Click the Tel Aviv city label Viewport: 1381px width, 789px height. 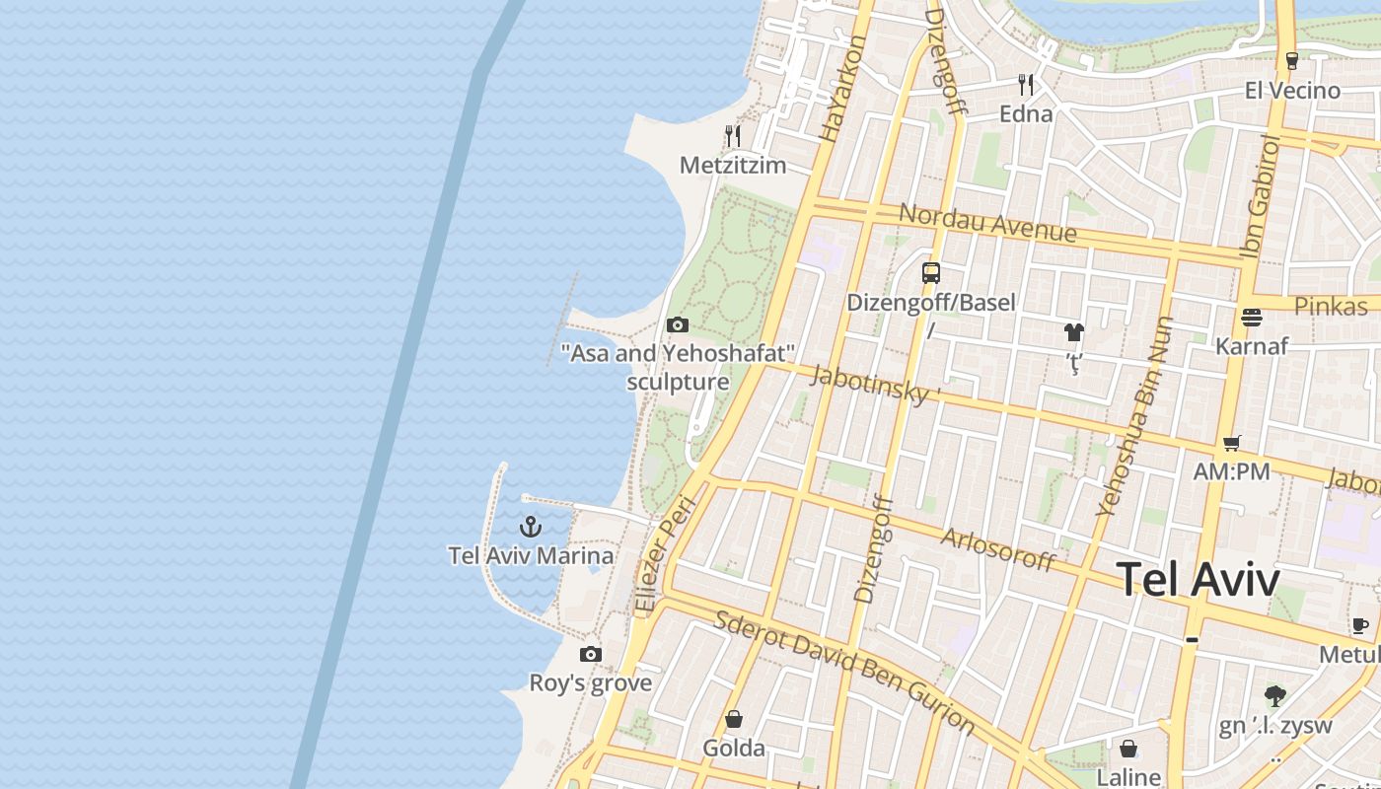[1199, 580]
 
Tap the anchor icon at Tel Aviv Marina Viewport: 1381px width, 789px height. [531, 527]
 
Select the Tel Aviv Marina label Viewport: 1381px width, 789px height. [531, 556]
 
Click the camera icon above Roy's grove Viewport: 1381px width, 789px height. [590, 654]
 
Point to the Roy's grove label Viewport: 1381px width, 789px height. [590, 683]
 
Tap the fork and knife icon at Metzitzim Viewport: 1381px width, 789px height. [732, 135]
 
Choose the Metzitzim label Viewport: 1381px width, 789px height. [733, 166]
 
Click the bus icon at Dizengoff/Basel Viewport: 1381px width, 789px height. [930, 273]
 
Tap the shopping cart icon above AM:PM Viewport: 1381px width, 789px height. [1231, 443]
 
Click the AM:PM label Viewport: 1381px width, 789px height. [1231, 472]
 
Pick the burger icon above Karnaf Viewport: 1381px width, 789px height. [1251, 317]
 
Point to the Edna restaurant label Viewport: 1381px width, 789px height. [1026, 114]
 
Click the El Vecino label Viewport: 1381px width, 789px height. [1292, 91]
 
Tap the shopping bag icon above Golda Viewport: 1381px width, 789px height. [733, 719]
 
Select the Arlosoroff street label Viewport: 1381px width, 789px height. [998, 549]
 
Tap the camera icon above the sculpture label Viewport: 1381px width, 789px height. [677, 324]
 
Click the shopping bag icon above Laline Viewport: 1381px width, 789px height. [1127, 750]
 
